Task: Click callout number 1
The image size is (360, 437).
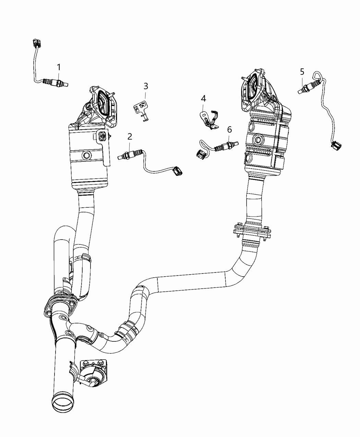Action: coord(59,66)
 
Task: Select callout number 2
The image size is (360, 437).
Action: coord(130,136)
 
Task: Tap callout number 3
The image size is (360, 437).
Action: coord(146,86)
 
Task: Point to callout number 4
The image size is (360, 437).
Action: coord(203,99)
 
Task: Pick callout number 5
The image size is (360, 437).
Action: coord(302,72)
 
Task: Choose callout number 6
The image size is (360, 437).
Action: coord(229,130)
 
